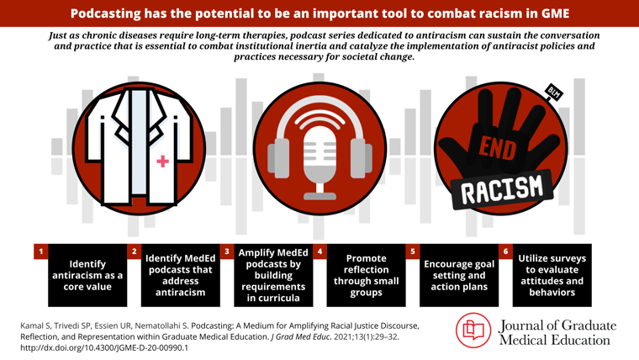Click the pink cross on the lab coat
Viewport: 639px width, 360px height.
162,161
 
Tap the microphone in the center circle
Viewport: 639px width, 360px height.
319,163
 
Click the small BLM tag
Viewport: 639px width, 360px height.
554,93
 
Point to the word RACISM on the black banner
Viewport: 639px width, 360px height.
502,189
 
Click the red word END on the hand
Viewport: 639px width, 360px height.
498,148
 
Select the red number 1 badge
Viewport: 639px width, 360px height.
40,251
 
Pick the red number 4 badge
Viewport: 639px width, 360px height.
319,251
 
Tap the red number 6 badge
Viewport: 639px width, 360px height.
506,251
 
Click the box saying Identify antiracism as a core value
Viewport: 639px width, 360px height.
87,275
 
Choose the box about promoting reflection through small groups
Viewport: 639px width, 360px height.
366,275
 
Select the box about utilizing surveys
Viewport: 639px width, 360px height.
552,275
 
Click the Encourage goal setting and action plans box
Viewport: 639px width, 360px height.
459,275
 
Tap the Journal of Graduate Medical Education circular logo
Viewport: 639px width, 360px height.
473,331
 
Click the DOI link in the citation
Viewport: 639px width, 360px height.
104,347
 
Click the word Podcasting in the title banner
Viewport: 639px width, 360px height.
105,13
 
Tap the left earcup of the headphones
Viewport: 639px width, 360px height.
278,158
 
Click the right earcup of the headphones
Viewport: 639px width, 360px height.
362,158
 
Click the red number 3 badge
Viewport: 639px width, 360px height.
227,251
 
